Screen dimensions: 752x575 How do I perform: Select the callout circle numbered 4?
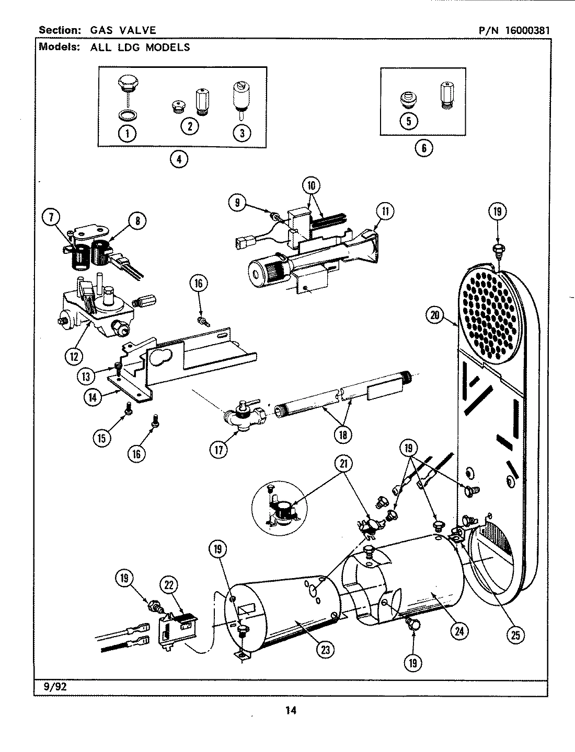click(x=179, y=159)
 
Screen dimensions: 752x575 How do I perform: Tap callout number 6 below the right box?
click(x=424, y=148)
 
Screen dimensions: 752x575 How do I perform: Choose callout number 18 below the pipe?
click(x=344, y=433)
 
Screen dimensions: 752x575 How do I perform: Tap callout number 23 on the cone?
click(x=326, y=649)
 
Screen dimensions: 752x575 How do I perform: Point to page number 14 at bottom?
click(x=291, y=710)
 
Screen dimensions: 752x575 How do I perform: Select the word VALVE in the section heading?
click(x=137, y=30)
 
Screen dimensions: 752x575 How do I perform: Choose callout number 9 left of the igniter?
click(x=238, y=203)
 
